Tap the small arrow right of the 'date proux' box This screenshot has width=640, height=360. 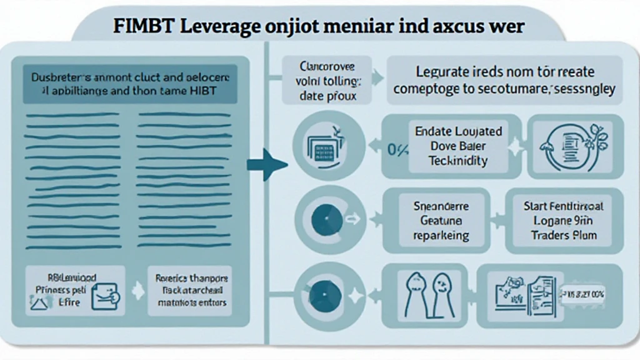377,79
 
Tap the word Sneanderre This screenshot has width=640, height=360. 441,206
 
